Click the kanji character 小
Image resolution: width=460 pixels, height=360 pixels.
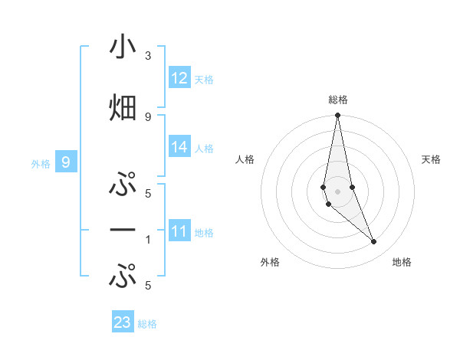(123, 47)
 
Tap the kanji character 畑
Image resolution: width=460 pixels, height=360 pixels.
(123, 108)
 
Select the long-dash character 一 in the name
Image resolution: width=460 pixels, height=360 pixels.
(123, 230)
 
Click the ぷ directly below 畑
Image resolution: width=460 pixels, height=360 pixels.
(123, 185)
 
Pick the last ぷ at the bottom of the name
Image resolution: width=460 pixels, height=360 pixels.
(123, 276)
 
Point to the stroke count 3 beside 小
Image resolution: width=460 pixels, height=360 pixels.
(148, 56)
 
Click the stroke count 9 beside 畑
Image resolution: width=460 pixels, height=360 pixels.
(148, 116)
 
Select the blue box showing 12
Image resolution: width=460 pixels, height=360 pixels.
(179, 78)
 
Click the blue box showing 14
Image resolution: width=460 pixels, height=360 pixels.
(179, 148)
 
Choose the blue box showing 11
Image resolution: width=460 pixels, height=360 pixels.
(179, 231)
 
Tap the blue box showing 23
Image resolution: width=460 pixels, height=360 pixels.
(123, 322)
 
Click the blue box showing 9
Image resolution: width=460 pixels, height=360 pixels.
(66, 162)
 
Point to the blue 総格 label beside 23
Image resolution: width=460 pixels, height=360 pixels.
(147, 324)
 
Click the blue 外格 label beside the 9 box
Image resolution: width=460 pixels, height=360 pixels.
(41, 163)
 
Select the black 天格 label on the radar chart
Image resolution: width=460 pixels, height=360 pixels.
(431, 159)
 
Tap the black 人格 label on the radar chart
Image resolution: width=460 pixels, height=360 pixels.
(245, 159)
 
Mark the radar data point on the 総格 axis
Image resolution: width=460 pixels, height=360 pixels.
(337, 116)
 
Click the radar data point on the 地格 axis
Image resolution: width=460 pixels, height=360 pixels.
(374, 242)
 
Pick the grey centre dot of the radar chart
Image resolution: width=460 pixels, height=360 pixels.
(337, 191)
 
